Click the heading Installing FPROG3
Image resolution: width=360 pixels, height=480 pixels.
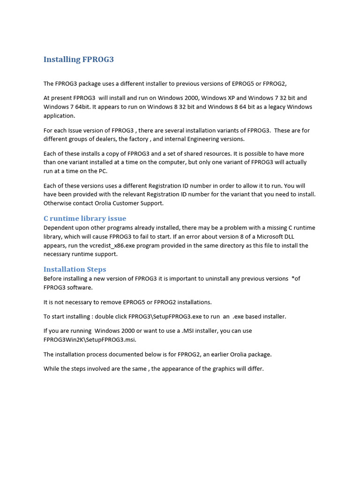[78, 60]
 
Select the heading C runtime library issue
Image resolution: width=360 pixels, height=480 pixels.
[85, 218]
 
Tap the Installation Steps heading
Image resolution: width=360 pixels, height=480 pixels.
[75, 269]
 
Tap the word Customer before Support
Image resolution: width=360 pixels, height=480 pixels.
[126, 203]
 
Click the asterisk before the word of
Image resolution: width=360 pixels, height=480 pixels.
[293, 278]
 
